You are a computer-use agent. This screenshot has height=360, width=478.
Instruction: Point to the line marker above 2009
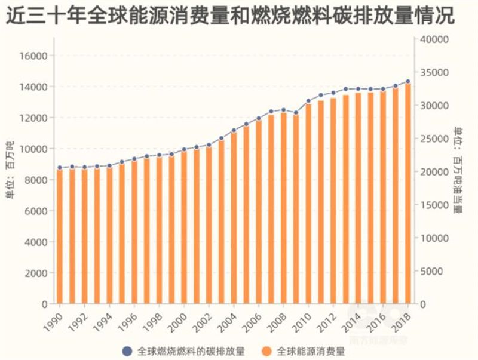coord(296,112)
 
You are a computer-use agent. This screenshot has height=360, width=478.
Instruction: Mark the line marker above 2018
coord(408,81)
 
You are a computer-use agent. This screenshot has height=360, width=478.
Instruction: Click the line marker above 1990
coord(59,168)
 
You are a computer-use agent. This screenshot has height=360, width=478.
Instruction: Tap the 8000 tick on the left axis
coord(38,180)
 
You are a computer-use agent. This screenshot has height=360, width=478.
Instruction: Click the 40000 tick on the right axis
coord(435,39)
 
